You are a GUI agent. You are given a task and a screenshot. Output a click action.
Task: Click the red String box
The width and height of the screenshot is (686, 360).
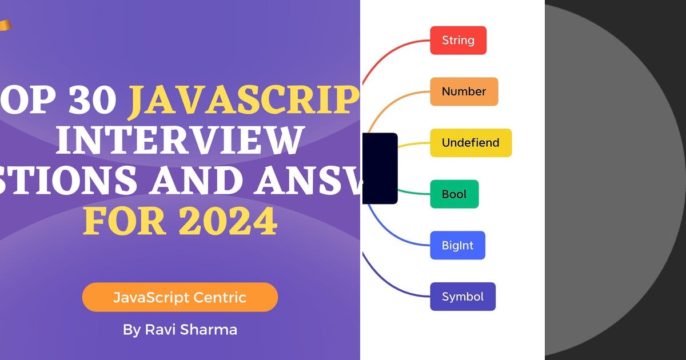458,41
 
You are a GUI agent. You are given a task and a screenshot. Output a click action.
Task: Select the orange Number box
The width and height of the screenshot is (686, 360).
464,91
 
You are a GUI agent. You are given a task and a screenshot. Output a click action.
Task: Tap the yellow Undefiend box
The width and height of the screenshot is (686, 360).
470,143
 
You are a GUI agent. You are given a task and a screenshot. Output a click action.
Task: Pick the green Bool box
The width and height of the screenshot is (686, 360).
454,194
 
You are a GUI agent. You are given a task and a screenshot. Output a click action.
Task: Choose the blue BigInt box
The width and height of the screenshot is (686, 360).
457,246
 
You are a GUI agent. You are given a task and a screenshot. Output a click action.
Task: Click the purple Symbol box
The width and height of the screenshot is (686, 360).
462,297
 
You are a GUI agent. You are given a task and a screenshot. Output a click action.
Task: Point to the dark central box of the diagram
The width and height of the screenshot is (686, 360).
380,168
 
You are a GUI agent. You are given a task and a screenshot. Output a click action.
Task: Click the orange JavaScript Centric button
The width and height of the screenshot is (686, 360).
180,297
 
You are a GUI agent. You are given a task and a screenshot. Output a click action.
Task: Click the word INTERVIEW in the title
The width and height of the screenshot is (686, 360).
178,141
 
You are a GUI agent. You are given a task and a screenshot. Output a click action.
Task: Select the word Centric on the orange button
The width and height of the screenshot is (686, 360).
220,297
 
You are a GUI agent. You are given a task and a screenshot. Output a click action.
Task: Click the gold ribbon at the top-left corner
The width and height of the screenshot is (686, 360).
5,25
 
